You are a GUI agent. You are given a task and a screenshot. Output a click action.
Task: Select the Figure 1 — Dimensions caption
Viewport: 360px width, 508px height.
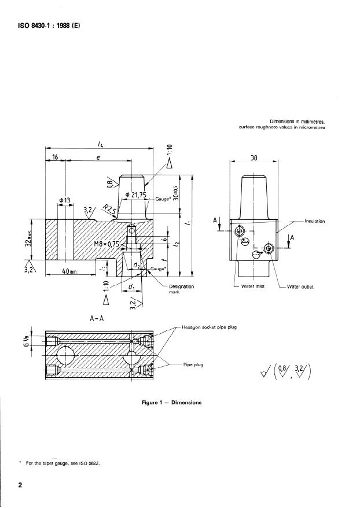[x=171, y=402]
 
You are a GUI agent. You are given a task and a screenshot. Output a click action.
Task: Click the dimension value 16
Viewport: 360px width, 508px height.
[x=56, y=157]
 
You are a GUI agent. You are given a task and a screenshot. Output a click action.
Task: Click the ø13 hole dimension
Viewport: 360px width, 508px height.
[x=64, y=200]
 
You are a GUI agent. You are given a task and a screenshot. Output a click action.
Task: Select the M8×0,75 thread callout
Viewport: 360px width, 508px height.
[x=106, y=244]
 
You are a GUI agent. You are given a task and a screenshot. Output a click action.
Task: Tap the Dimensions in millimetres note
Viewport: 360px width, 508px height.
[x=297, y=122]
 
